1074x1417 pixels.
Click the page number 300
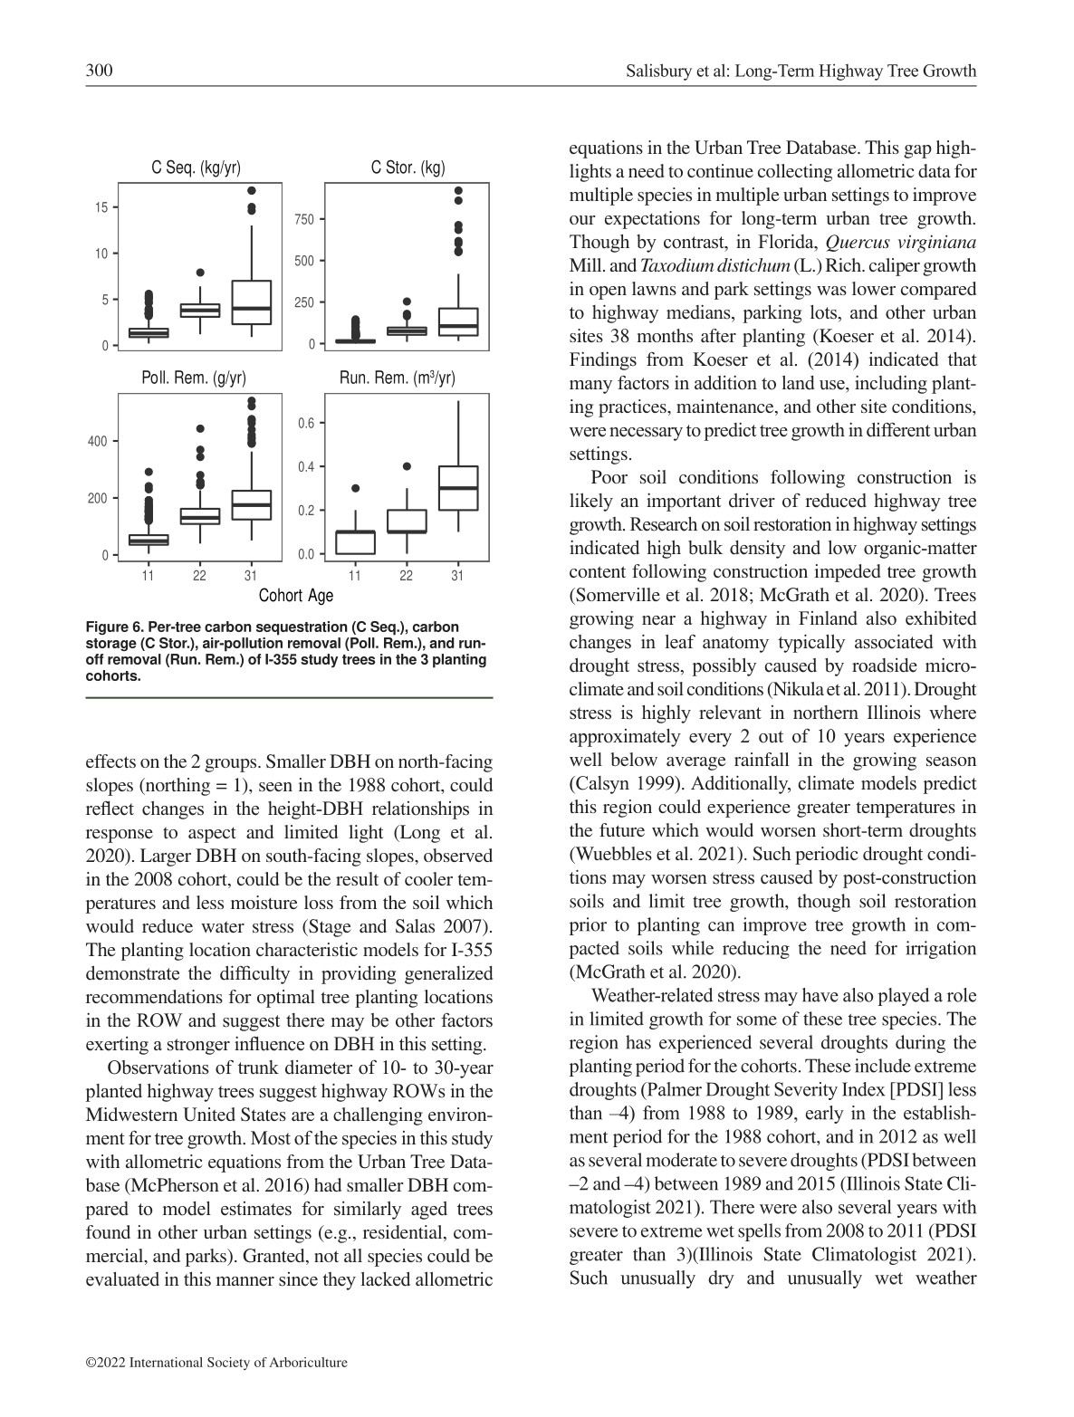click(x=99, y=71)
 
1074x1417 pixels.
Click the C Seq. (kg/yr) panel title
click(x=196, y=168)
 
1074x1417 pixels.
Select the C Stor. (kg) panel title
click(x=408, y=168)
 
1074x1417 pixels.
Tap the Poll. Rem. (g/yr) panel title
click(x=194, y=378)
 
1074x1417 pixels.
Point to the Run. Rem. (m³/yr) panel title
click(x=397, y=378)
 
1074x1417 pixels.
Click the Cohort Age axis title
click(x=296, y=595)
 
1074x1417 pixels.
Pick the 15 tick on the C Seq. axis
click(x=102, y=207)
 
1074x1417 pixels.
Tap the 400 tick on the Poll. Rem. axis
click(x=97, y=442)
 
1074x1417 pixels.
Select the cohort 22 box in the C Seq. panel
click(x=200, y=310)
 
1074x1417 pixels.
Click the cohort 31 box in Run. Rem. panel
click(x=458, y=488)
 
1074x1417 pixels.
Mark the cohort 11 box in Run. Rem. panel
click(x=355, y=541)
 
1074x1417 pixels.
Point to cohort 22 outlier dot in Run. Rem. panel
click(x=407, y=466)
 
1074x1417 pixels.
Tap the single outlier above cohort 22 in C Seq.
click(x=200, y=273)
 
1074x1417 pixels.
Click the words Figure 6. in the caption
click(x=112, y=627)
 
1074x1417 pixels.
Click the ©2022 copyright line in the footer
click(x=216, y=1362)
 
